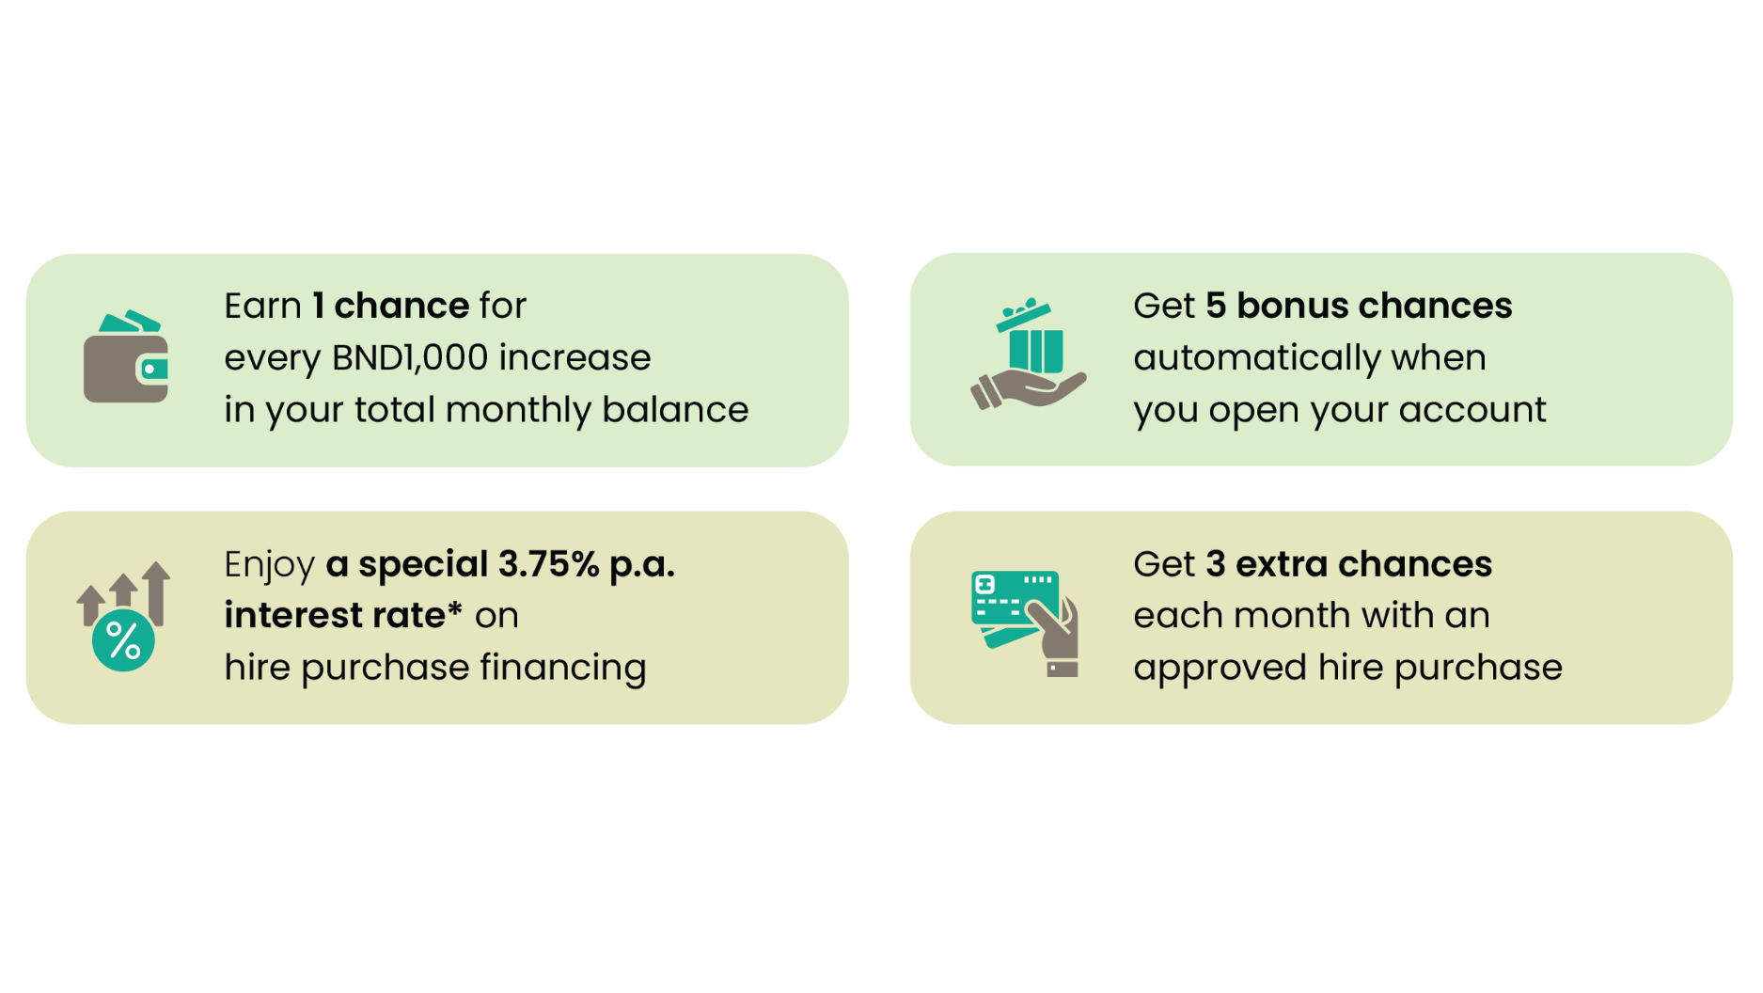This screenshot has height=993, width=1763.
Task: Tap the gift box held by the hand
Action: pos(1034,339)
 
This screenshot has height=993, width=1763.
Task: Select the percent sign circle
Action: pos(123,640)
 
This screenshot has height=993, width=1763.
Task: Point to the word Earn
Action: pos(262,306)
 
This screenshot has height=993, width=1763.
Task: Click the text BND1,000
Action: pos(410,357)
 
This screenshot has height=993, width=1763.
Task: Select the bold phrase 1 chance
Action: pos(391,306)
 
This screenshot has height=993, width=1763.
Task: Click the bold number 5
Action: pos(1216,306)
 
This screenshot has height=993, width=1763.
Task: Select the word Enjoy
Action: pos(270,565)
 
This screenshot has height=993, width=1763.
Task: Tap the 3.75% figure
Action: pos(548,564)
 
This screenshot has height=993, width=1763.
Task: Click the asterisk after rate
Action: pos(454,607)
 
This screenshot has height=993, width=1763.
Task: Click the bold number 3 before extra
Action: pos(1216,564)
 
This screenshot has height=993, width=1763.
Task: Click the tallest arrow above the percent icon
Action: pos(157,593)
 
